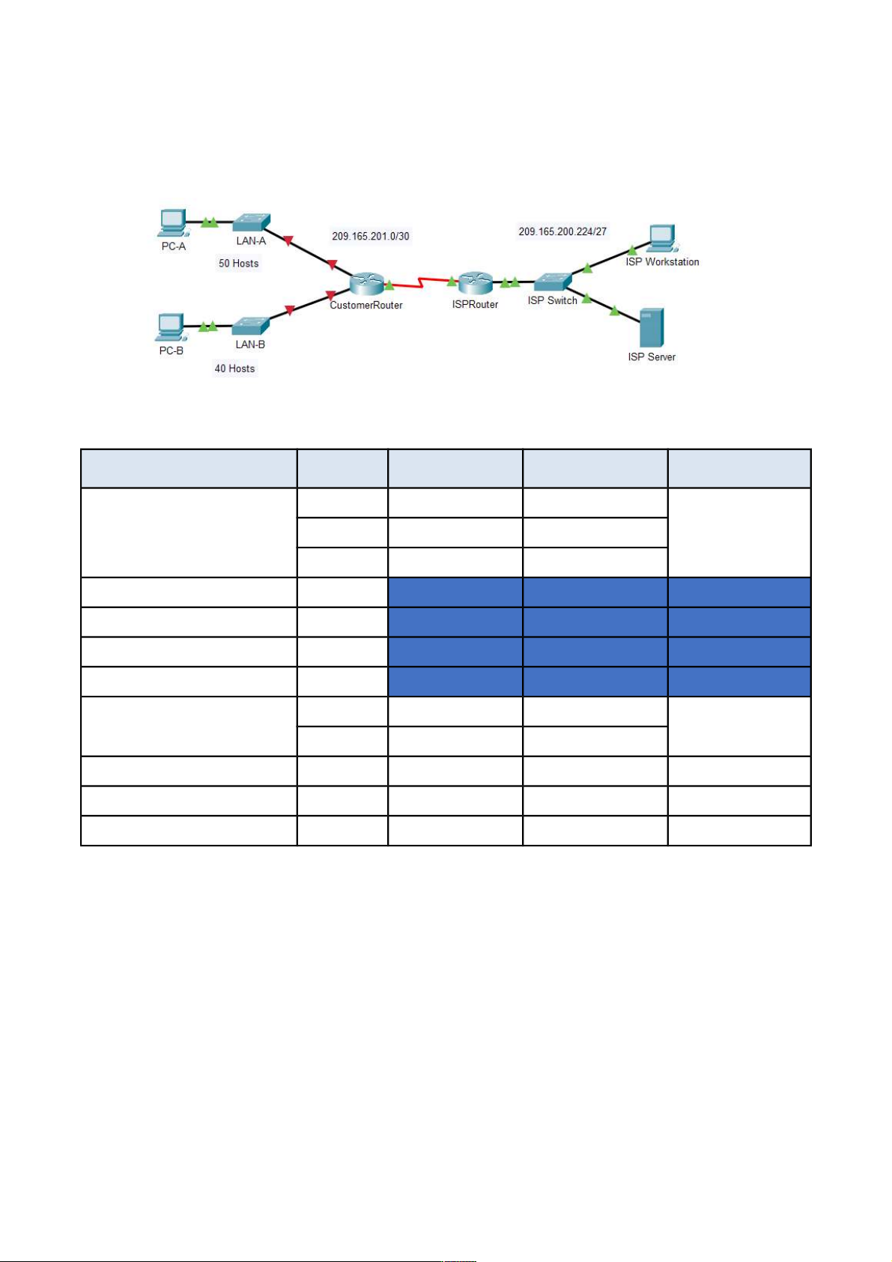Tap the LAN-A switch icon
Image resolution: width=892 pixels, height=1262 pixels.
250,222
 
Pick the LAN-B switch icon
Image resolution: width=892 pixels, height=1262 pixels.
250,327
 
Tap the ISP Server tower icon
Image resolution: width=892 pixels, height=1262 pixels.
652,327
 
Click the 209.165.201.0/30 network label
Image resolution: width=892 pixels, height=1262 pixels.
371,236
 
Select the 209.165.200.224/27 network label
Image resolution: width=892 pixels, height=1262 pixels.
562,231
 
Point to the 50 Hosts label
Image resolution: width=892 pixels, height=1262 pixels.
238,263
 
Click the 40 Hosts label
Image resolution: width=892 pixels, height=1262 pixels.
234,368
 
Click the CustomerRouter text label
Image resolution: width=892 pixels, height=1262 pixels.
366,305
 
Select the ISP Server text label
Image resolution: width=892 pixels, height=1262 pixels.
652,357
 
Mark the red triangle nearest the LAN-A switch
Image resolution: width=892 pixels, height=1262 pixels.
288,240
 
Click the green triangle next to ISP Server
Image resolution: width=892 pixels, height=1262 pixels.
614,310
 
